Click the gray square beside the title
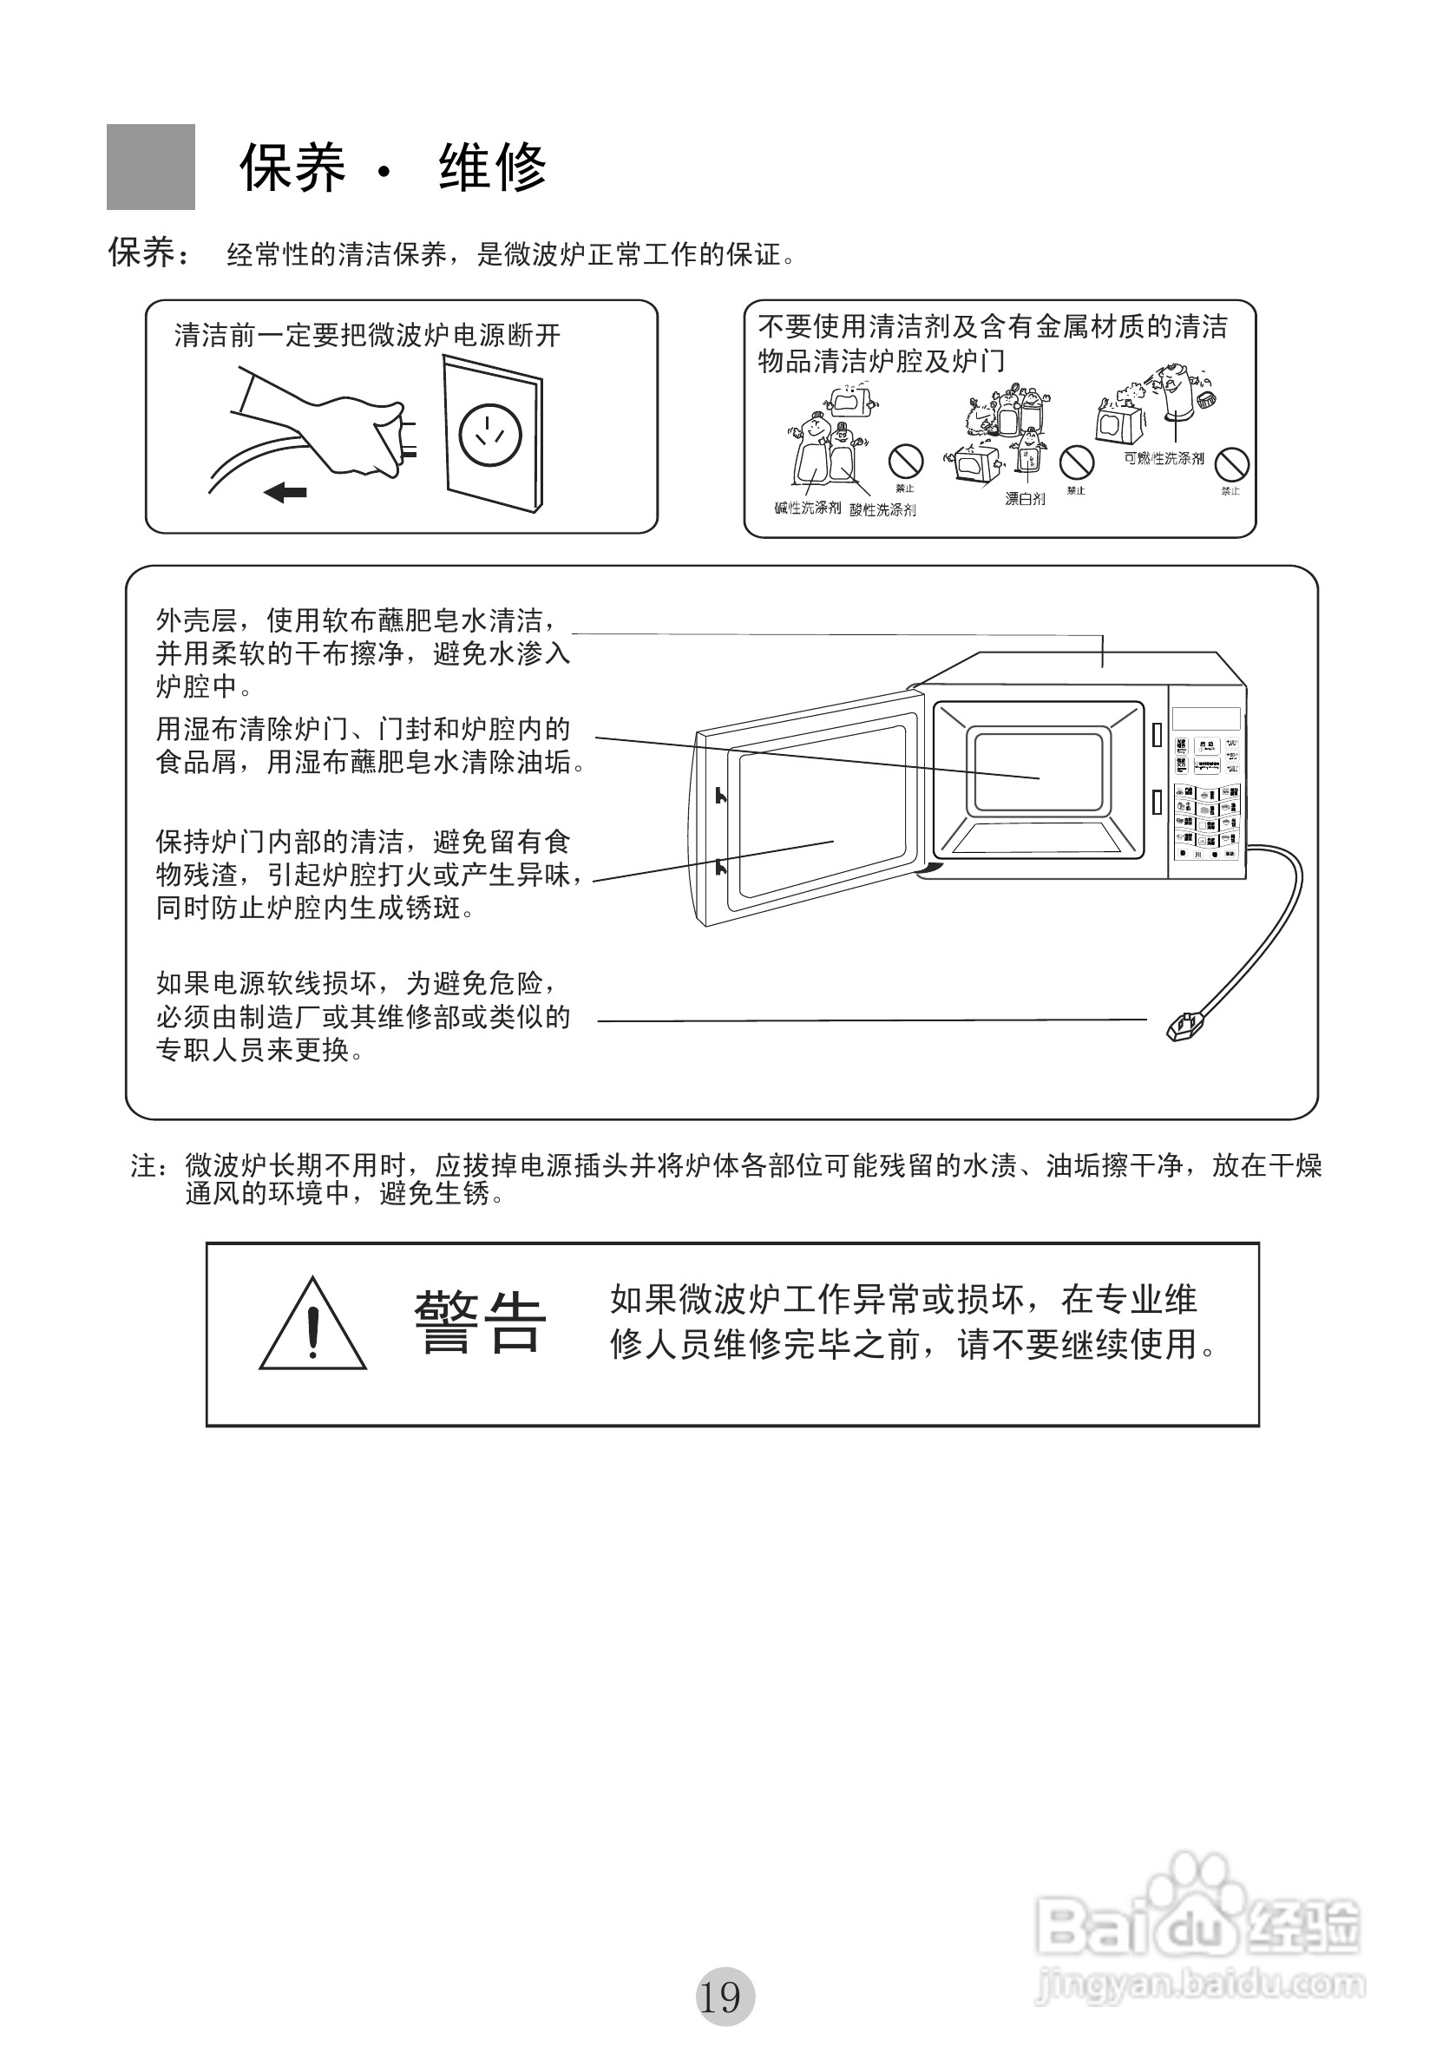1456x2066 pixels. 150,167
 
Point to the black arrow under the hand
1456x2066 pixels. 285,492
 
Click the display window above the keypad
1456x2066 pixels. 1206,719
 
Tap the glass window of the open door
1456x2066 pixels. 821,810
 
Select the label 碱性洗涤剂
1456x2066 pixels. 807,508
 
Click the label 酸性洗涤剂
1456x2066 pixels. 882,510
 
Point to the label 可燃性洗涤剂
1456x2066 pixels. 1163,459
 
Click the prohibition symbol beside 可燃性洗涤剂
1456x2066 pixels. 1231,465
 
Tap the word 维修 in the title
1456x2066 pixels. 493,167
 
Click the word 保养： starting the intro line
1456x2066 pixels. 149,253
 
